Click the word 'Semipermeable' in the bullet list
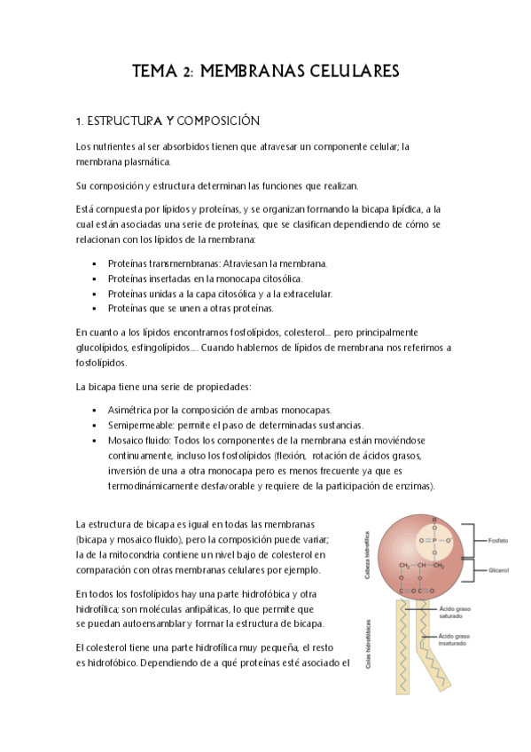click(140, 426)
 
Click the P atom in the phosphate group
click(433, 539)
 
